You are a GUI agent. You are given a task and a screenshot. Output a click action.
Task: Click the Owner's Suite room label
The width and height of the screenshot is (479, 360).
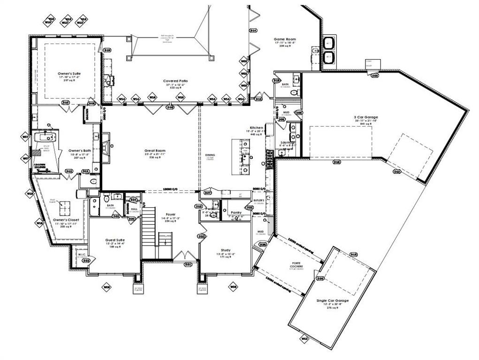point(70,74)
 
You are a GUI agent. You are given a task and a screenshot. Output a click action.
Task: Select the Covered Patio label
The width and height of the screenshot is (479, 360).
point(175,81)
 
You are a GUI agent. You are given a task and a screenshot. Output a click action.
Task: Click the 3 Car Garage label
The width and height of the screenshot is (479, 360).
point(366,117)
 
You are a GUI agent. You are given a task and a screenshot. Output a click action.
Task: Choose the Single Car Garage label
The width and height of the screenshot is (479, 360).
point(332,300)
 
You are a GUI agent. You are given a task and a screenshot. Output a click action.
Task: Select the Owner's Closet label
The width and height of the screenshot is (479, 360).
point(66,219)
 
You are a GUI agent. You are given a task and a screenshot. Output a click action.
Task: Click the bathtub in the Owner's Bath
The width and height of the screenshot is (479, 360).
point(45,137)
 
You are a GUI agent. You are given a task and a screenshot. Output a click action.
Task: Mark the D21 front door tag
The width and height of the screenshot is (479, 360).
point(188,264)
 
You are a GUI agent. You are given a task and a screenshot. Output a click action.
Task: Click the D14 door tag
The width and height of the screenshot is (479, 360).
point(253,30)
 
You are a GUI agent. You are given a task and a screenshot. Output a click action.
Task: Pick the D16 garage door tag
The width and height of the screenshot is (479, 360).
point(336,162)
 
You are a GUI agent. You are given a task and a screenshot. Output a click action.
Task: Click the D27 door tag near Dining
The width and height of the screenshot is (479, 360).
point(207,193)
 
